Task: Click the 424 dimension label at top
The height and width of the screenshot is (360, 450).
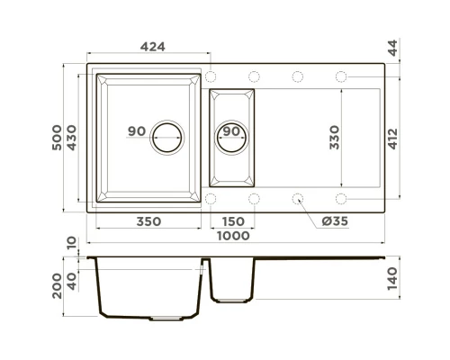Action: pyautogui.click(x=153, y=47)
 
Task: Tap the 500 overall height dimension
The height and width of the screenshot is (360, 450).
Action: pyautogui.click(x=57, y=138)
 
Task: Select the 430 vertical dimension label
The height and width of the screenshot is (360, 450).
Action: pyautogui.click(x=72, y=138)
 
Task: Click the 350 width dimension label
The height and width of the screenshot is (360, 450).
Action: pyautogui.click(x=148, y=221)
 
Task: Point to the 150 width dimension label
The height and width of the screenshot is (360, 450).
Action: pyautogui.click(x=233, y=221)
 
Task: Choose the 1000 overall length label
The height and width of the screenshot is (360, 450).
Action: pyautogui.click(x=233, y=236)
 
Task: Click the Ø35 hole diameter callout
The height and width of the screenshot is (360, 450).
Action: pyautogui.click(x=335, y=221)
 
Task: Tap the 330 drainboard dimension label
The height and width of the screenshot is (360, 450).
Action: pyautogui.click(x=334, y=138)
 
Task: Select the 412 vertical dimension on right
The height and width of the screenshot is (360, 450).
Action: pyautogui.click(x=392, y=139)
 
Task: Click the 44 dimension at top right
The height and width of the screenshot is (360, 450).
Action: pyautogui.click(x=392, y=48)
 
